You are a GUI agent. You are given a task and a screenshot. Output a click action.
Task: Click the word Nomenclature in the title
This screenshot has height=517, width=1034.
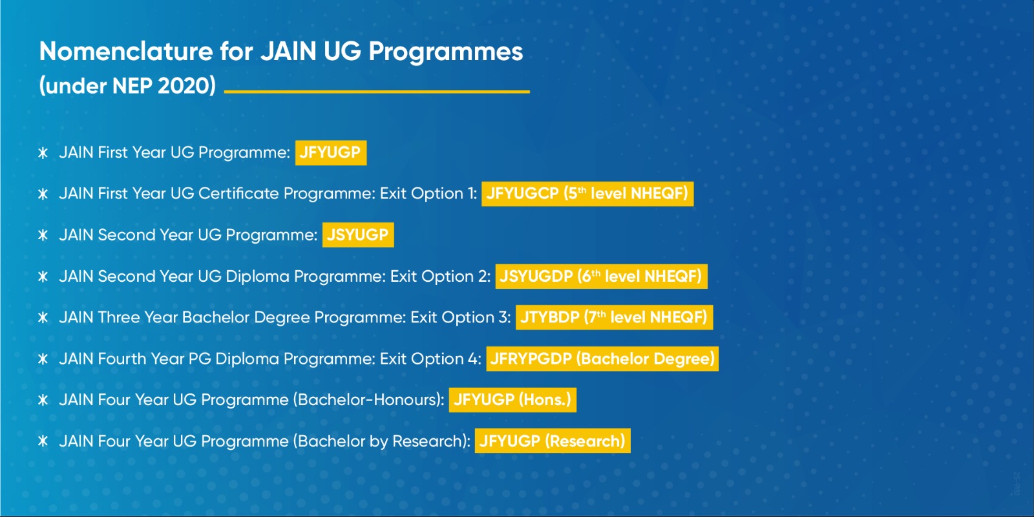126,51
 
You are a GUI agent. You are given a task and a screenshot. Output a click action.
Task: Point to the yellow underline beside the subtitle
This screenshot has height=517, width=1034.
377,91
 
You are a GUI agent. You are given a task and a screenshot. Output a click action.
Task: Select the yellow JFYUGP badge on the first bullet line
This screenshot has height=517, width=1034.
331,153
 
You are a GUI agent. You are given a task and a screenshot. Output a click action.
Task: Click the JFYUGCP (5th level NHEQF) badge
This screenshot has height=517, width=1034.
587,194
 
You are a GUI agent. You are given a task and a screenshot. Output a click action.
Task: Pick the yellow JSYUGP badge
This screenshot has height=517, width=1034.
358,235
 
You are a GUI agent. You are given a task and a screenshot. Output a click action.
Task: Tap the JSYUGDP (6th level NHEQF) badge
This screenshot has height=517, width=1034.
602,277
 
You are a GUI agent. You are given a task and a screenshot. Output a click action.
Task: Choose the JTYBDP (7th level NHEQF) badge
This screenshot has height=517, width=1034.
615,317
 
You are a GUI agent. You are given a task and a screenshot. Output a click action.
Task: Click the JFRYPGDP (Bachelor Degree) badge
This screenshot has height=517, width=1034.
602,359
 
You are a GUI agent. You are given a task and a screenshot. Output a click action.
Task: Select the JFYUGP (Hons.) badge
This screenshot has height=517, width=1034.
512,400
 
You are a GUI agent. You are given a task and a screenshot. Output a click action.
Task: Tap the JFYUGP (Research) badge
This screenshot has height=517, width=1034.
553,441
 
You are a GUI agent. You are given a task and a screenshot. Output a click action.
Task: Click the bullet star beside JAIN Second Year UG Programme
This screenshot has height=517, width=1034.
43,235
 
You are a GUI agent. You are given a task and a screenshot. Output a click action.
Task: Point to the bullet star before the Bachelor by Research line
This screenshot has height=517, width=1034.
43,441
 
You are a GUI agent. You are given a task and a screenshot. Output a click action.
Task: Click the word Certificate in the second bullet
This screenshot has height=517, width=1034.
238,194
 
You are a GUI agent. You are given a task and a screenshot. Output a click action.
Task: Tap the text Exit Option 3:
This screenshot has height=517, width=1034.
461,317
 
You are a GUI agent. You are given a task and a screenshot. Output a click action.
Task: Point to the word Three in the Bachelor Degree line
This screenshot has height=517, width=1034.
119,317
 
